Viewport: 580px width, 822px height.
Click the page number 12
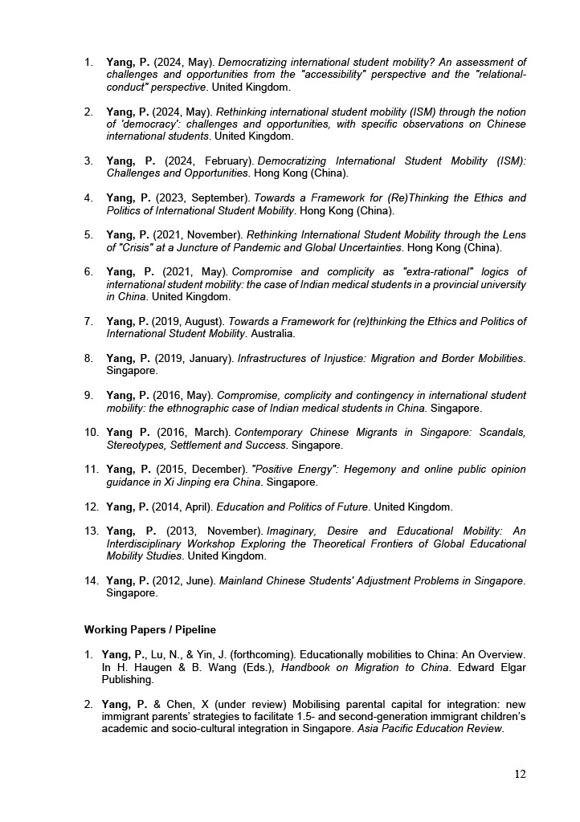520,774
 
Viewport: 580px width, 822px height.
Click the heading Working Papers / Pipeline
149,629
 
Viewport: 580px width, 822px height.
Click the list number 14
92,580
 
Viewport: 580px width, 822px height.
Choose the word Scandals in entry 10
502,432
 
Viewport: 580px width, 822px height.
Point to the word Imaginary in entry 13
294,531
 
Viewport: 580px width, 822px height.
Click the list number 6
89,271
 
